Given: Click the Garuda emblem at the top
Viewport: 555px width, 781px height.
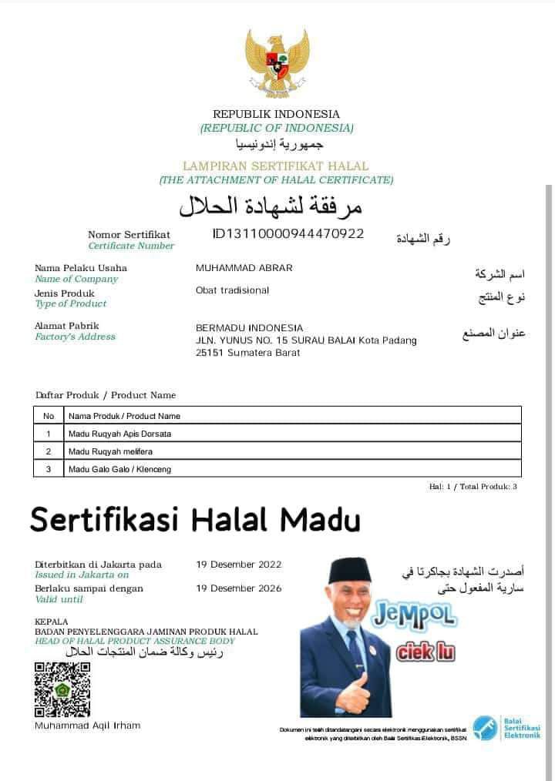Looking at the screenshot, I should (x=277, y=63).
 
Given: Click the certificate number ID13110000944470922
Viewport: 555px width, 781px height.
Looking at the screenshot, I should (x=288, y=233).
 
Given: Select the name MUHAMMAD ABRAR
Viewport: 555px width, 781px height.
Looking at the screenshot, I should (x=244, y=268).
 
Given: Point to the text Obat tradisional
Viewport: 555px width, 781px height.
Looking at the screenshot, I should (x=233, y=290).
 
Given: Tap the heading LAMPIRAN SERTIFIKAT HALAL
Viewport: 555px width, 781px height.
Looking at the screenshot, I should (x=276, y=166).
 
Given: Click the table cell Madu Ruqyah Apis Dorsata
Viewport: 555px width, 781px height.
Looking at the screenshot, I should (x=119, y=434).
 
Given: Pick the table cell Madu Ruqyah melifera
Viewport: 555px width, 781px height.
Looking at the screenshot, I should (x=113, y=451).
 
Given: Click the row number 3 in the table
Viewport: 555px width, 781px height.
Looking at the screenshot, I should (x=48, y=469).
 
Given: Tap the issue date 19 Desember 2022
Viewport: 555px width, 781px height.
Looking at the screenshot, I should (x=239, y=565).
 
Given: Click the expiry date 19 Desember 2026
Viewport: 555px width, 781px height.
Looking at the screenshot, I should (x=239, y=588).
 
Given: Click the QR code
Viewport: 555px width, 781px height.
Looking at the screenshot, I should (x=62, y=689).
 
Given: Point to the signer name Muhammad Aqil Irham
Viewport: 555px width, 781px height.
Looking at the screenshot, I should (x=88, y=726).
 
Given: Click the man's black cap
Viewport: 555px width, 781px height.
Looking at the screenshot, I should (x=349, y=572).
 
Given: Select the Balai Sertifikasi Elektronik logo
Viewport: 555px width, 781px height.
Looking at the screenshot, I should (x=506, y=728).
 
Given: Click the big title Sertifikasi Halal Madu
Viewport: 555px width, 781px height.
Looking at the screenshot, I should (x=195, y=521).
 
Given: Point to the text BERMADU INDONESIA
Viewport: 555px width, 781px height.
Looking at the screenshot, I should (x=250, y=328).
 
